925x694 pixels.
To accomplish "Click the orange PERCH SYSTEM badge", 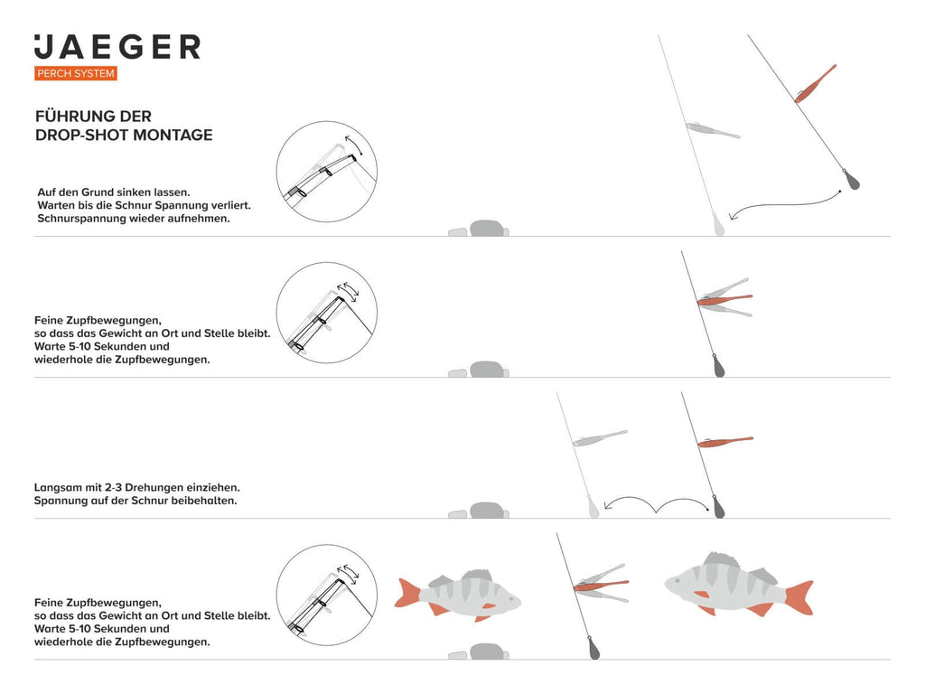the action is coord(76,73).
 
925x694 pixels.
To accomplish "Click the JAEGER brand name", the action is coord(117,47).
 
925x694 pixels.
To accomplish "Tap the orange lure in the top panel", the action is coord(816,84).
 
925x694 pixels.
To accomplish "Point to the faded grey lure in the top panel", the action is coord(713,130).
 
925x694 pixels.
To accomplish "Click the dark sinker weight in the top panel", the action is coord(851,180).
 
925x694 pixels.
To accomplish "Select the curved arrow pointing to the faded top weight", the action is coord(785,205).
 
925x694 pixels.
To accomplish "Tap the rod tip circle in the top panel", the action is coord(327,172).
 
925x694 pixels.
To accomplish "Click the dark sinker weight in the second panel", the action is coord(718,365).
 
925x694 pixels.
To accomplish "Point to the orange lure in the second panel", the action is coord(725,300).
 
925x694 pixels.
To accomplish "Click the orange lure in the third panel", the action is coord(725,441).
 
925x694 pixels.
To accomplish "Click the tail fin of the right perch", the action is coord(800,597).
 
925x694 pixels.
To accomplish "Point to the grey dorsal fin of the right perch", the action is coord(720,559).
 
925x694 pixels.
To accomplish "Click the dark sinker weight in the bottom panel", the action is coord(593,648).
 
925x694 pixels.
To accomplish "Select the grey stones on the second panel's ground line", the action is coord(479,370).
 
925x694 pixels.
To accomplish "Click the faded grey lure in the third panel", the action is coord(600,438).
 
